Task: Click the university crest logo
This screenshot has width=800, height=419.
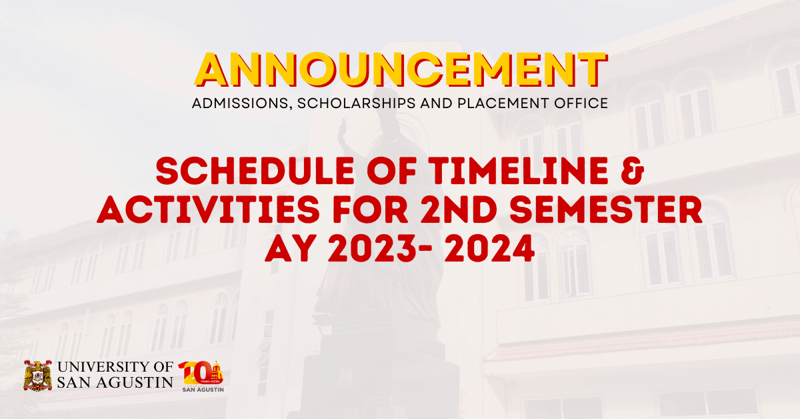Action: [37, 376]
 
